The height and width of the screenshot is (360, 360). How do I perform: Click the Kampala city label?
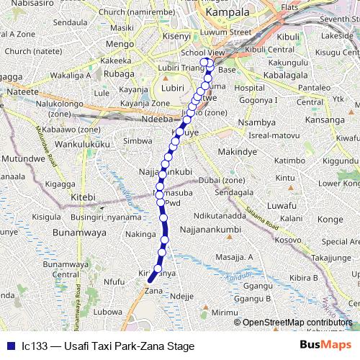pos(227,12)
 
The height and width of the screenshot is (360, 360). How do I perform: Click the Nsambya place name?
pos(256,123)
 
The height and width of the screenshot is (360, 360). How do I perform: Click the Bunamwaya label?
pos(57,233)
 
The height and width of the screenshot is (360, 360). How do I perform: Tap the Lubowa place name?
pos(107,312)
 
